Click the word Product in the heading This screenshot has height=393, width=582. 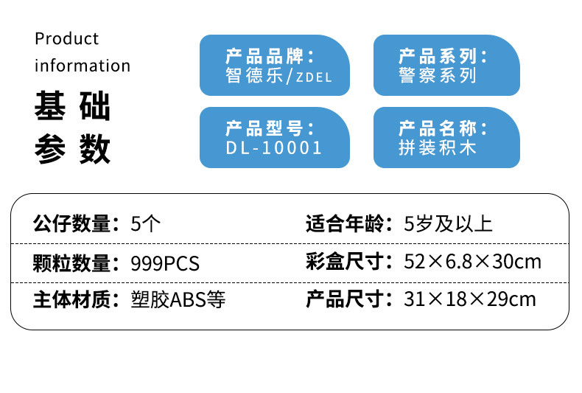tap(66, 38)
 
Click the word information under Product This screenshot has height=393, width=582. tap(83, 66)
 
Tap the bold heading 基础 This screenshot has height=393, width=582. tap(72, 108)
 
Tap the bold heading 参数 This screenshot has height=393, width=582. tap(72, 149)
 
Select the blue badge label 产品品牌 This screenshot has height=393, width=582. tap(270, 56)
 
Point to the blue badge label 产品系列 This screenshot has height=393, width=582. tap(443, 56)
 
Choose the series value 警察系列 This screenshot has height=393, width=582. tap(438, 76)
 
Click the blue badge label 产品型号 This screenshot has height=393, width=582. tap(270, 128)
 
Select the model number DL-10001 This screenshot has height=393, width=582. tap(274, 147)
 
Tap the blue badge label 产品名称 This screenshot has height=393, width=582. tap(443, 128)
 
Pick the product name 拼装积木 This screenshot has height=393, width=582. tap(438, 147)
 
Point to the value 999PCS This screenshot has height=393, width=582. tap(164, 262)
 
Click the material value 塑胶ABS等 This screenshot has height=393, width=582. tap(178, 300)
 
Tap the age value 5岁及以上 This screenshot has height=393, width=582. tap(448, 223)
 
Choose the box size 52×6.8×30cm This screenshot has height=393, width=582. tap(472, 262)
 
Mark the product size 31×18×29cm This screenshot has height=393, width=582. tap(470, 300)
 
